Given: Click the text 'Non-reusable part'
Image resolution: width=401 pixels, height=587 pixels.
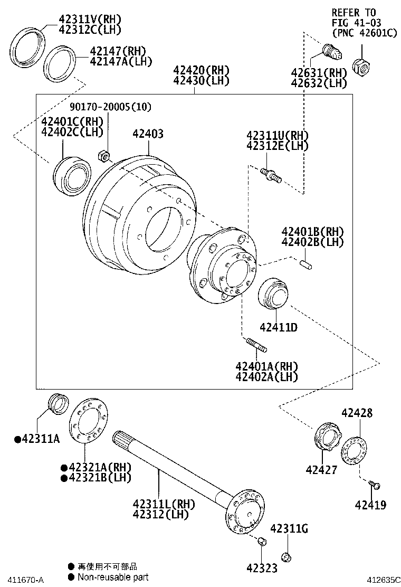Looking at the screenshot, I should [x=112, y=577].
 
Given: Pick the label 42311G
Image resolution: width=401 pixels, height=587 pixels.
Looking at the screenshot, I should [x=289, y=529].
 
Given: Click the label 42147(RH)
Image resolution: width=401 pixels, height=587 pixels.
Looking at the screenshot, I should [x=117, y=51].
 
